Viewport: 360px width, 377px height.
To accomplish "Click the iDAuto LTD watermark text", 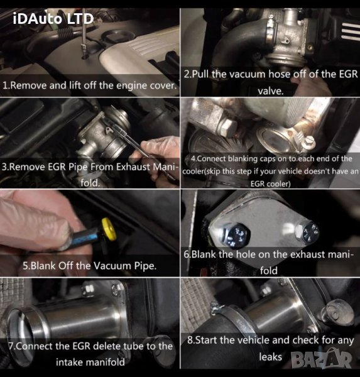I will click(53, 18).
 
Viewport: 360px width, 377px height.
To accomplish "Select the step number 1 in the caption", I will click(6, 84).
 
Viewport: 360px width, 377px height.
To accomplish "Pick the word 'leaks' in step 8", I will click(270, 356).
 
